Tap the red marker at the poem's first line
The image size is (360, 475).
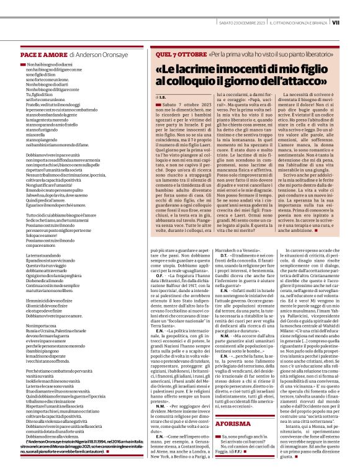pos(23,64)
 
